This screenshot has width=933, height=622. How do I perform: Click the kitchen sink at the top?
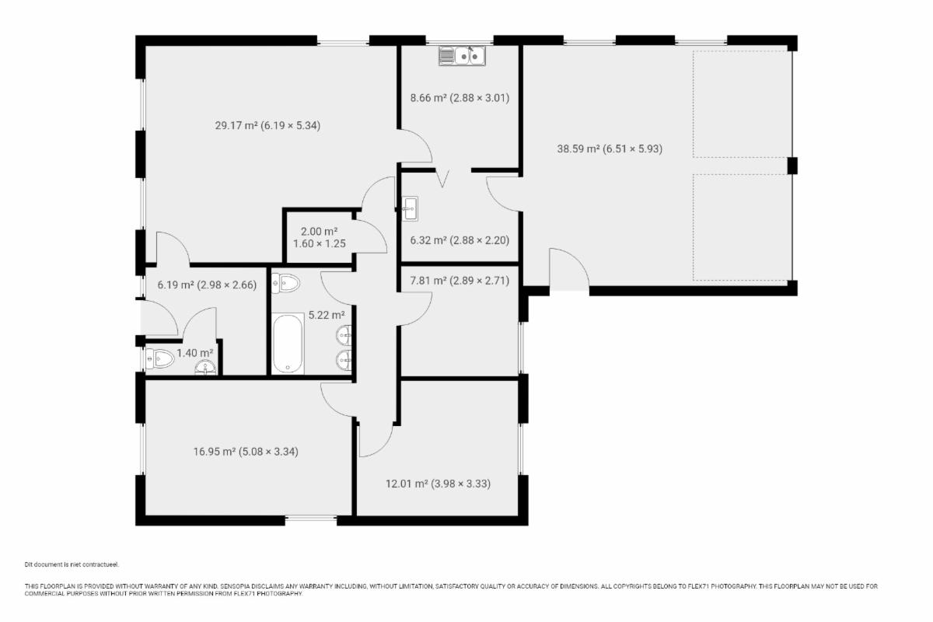click(x=462, y=56)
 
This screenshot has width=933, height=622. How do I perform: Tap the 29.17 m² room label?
click(x=267, y=125)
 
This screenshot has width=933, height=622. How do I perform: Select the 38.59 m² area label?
click(x=610, y=149)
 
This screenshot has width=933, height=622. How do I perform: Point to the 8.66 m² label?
click(x=460, y=98)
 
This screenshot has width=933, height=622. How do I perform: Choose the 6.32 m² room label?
click(x=460, y=240)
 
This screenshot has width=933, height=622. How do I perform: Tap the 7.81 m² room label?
click(x=460, y=281)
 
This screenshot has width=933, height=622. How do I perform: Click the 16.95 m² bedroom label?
click(x=246, y=452)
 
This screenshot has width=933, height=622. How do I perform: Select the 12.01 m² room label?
click(x=438, y=484)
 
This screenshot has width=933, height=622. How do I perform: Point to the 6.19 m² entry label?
click(x=207, y=285)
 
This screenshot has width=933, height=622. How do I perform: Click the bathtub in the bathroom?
click(x=288, y=344)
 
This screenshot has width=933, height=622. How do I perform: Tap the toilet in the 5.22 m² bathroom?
click(x=286, y=284)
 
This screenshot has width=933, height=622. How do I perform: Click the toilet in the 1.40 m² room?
click(x=159, y=358)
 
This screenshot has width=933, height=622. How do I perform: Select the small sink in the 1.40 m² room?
click(x=205, y=368)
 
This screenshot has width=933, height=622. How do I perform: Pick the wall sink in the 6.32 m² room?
click(x=410, y=208)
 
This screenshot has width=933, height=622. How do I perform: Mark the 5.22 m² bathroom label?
click(x=326, y=315)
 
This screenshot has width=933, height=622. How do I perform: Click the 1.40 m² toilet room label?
click(x=194, y=353)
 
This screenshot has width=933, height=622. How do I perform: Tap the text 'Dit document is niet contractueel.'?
click(x=72, y=564)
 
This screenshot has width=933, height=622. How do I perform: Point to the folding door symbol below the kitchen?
click(x=442, y=178)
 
